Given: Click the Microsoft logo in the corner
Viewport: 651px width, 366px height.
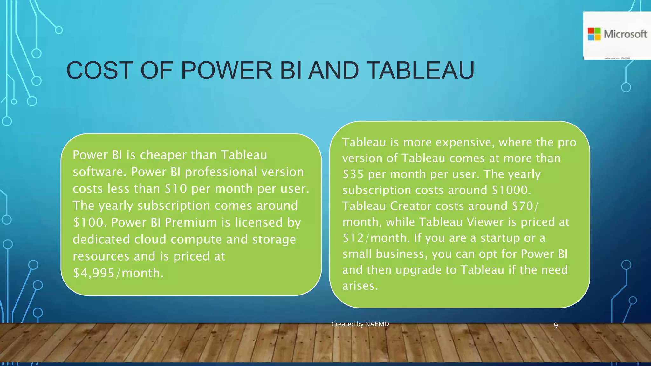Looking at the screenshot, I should (617, 34).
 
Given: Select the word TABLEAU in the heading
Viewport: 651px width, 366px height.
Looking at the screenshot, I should (420, 71).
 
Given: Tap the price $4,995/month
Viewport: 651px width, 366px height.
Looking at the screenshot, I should (118, 273).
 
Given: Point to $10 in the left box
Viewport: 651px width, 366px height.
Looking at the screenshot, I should (176, 189).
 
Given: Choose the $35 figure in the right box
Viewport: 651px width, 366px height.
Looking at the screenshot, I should (353, 174).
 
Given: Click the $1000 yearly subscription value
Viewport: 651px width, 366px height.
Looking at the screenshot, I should (511, 190).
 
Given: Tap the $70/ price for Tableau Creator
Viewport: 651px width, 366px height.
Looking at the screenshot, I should (525, 206).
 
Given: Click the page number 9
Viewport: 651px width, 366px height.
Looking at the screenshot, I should (556, 325).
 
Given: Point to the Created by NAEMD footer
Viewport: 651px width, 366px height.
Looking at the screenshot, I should (360, 324).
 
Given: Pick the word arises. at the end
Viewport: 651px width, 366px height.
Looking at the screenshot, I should (360, 286).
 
